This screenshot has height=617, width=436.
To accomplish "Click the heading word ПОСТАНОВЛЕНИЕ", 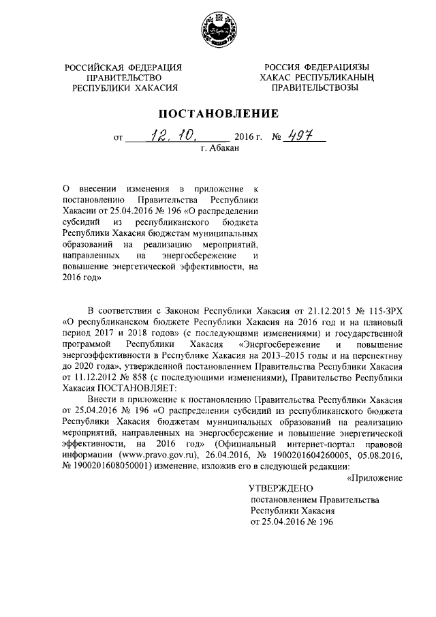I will [218, 113].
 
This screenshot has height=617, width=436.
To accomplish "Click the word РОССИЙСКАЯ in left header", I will [94, 67].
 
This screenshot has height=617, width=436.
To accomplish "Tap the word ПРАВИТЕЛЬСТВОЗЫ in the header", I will [314, 88].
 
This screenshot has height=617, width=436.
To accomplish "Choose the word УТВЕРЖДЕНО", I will [281, 489].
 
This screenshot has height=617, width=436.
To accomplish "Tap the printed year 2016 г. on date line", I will [248, 136].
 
